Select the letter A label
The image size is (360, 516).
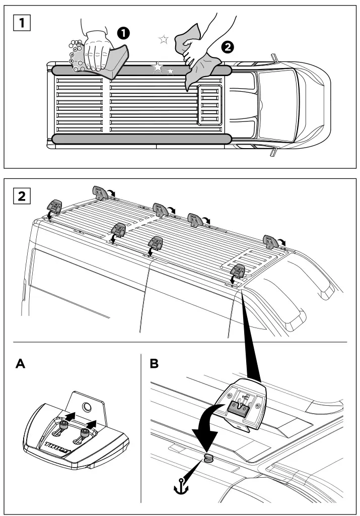22,364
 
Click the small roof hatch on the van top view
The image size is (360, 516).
208,105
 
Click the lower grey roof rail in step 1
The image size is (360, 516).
141,138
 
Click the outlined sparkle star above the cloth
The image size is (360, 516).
163,39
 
